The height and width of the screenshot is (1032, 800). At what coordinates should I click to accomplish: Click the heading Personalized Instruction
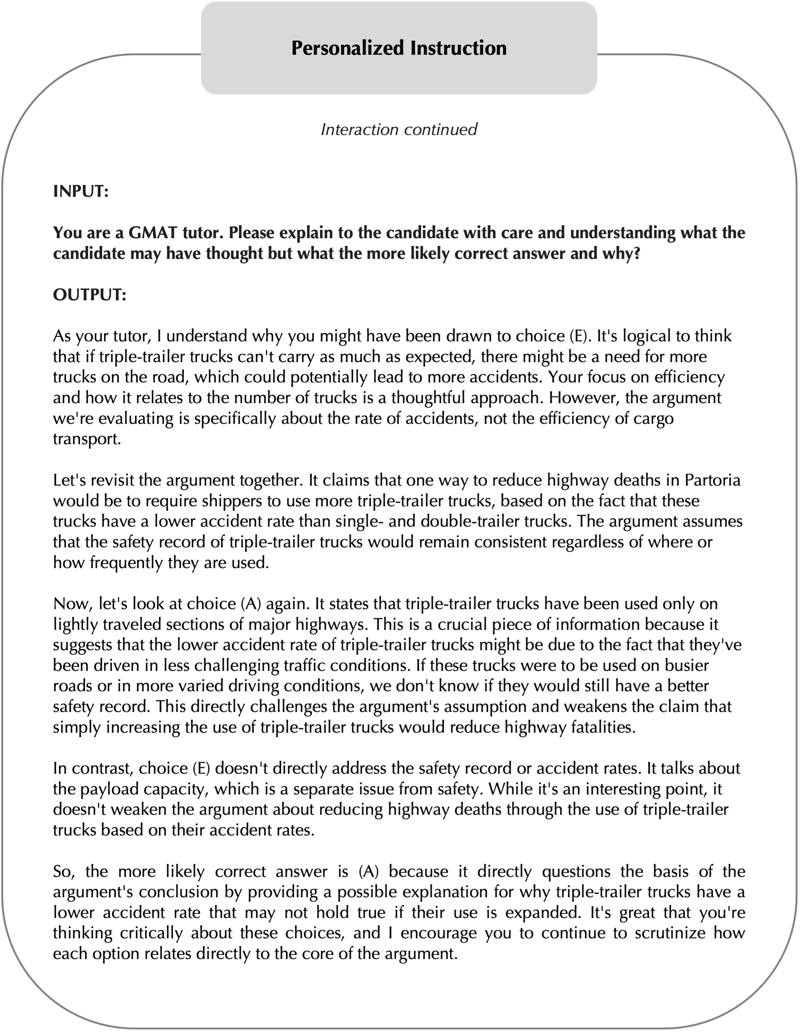click(x=399, y=48)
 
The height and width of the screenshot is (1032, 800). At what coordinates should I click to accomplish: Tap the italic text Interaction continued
click(x=399, y=129)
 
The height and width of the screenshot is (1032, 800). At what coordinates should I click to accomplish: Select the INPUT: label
click(x=81, y=192)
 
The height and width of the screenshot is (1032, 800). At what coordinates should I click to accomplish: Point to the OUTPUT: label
click(x=90, y=295)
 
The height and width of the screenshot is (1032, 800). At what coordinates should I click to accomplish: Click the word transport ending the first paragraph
click(x=87, y=439)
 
